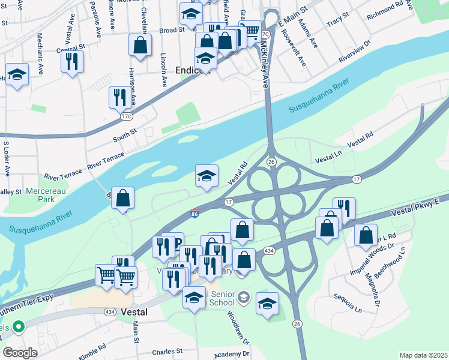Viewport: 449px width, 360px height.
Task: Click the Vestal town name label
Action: pyautogui.click(x=134, y=312)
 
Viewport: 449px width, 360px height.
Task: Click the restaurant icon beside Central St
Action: pyautogui.click(x=72, y=61)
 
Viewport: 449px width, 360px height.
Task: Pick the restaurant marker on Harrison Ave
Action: pyautogui.click(x=118, y=97)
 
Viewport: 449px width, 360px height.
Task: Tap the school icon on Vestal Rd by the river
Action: pyautogui.click(x=206, y=175)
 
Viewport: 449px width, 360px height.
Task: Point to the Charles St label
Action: pyautogui.click(x=167, y=351)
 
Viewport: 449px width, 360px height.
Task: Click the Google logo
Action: pyautogui.click(x=20, y=352)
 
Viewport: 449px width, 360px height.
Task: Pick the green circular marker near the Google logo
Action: pyautogui.click(x=18, y=327)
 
